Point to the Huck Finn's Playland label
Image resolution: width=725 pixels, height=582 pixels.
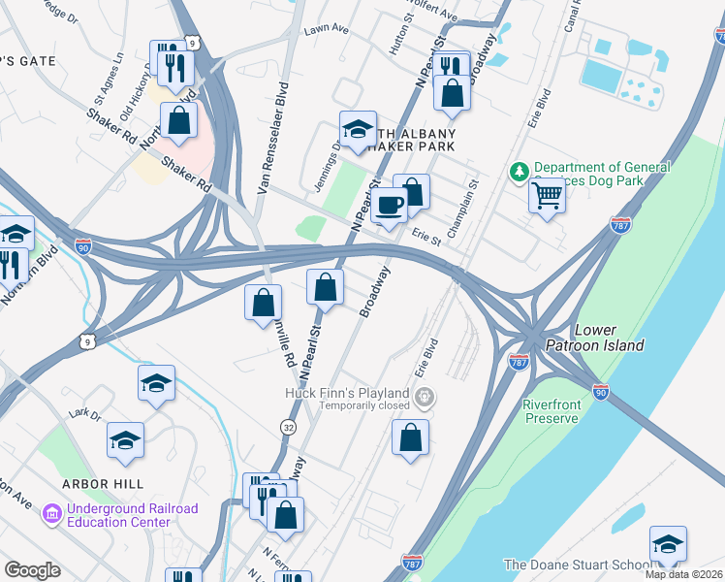345,393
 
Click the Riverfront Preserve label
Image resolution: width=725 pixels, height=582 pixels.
563,411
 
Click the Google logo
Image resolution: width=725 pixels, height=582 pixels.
32,569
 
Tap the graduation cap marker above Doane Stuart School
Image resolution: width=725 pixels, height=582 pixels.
668,544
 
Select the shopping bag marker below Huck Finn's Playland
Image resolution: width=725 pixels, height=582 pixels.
410,437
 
